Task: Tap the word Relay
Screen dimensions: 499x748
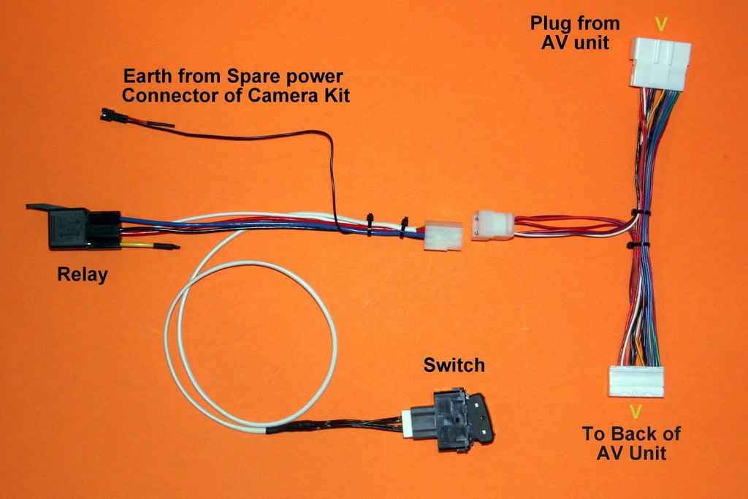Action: tap(83, 275)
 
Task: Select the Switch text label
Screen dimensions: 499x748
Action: tap(454, 364)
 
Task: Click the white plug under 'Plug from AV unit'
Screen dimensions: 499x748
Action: tap(660, 63)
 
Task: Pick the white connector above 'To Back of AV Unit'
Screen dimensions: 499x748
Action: tap(636, 381)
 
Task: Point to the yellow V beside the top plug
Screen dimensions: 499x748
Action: tap(661, 24)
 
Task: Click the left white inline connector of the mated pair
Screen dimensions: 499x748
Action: tap(443, 235)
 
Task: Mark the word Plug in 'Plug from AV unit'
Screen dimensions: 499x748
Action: tap(553, 23)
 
